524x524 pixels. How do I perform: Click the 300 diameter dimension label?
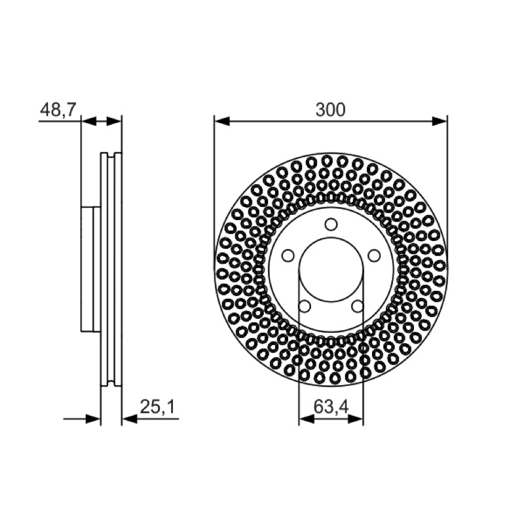330,110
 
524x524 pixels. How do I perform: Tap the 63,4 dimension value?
331,407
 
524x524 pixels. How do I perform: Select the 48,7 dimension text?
58,109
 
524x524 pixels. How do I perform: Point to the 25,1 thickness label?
157,407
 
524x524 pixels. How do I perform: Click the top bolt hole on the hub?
331,224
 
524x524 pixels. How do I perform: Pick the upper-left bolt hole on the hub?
288,255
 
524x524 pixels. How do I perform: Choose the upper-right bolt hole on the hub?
374,255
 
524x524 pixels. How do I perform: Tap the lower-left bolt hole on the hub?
305,306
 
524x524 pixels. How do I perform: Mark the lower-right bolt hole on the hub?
357,306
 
